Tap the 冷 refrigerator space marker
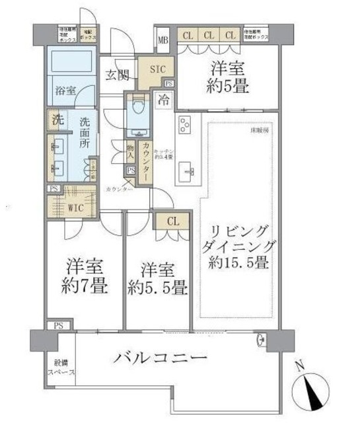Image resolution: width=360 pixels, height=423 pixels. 163,100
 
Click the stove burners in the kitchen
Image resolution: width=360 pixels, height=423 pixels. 184,125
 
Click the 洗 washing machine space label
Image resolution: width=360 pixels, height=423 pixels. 57,121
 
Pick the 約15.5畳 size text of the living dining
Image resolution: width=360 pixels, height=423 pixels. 240,262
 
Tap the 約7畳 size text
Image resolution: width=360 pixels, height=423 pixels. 87,287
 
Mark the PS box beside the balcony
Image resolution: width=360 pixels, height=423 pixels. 57,326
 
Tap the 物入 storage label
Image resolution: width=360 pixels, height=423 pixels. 131,150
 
